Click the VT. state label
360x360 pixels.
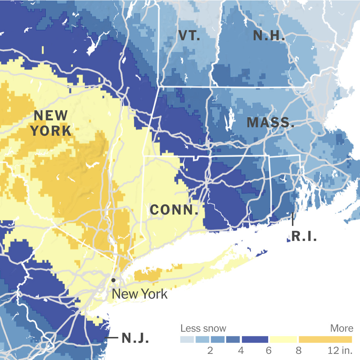coord(189,35)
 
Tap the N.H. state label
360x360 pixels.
coord(269,35)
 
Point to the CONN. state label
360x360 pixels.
coord(174,210)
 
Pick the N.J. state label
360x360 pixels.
coord(135,338)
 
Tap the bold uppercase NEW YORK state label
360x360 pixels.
coord(51,123)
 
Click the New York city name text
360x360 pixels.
coord(140,294)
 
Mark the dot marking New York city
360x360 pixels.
coord(113,280)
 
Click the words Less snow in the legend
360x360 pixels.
coord(203,328)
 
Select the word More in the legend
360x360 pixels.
coord(342,328)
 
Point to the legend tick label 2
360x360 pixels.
coord(210,350)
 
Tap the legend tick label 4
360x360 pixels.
coord(241,350)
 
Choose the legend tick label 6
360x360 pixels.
coord(269,350)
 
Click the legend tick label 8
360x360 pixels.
coord(298,350)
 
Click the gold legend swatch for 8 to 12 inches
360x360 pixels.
coord(325,339)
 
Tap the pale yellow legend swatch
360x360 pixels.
coord(284,339)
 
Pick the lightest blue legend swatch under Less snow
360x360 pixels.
coord(187,339)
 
